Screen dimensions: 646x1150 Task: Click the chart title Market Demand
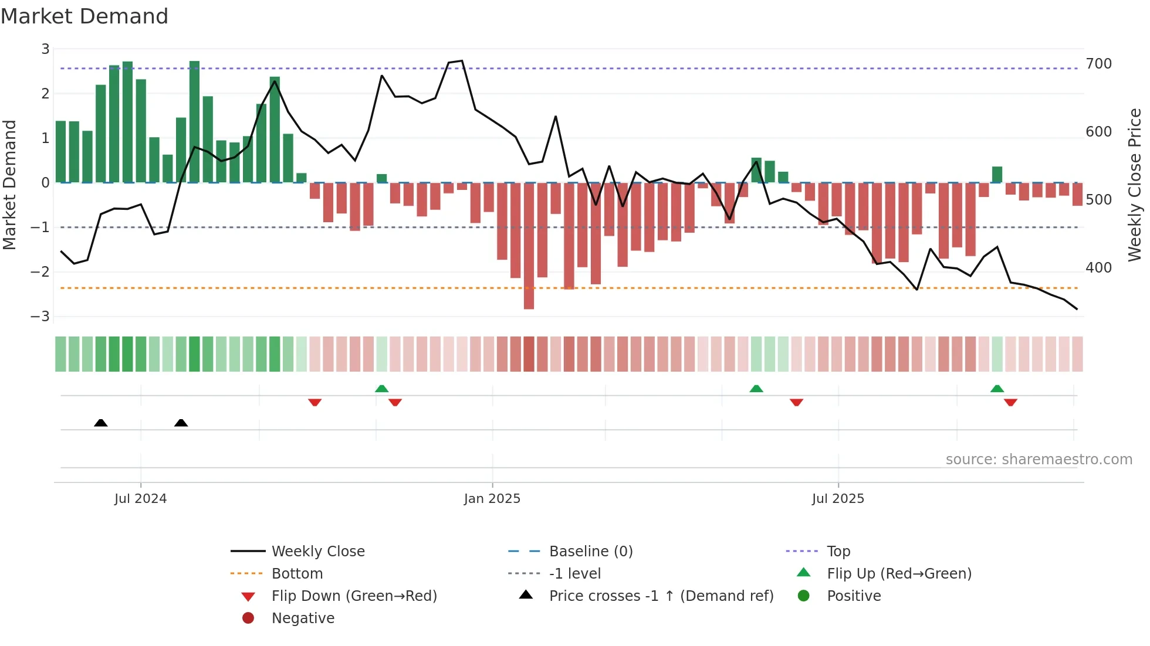tap(84, 16)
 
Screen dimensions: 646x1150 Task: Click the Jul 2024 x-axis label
tap(140, 499)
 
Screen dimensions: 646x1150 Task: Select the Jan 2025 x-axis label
tap(492, 499)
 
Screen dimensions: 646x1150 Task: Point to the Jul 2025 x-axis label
tap(838, 499)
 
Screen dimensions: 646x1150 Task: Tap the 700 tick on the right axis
tap(1098, 64)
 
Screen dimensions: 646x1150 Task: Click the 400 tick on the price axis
tap(1098, 268)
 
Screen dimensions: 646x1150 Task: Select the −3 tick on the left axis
tap(40, 317)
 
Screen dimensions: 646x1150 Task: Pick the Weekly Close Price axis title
tap(1135, 185)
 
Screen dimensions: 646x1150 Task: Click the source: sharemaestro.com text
tap(1039, 460)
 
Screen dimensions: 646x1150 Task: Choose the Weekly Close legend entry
tap(317, 552)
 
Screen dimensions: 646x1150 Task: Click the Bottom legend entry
tap(297, 574)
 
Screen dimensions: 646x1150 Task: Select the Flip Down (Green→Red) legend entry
tap(354, 596)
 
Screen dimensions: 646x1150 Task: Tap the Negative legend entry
tap(303, 618)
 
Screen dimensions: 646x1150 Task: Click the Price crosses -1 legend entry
tap(661, 596)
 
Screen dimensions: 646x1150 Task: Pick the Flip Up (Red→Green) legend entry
tap(899, 574)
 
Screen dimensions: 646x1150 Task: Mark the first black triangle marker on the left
tap(101, 423)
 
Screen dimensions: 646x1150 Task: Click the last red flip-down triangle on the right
tap(1010, 402)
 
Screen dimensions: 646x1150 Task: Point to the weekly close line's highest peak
tap(462, 61)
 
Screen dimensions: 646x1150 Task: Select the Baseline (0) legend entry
tap(590, 552)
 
